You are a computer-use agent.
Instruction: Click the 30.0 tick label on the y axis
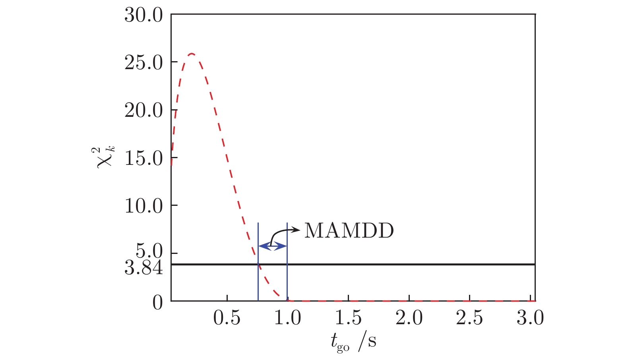tap(144, 15)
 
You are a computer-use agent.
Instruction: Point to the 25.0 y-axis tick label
tap(144, 63)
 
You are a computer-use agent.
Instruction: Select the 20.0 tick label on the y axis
tap(144, 110)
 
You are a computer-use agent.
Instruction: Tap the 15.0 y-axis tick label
tap(144, 159)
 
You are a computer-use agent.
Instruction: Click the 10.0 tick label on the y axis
tap(144, 206)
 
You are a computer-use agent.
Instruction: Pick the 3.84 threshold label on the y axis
tap(144, 268)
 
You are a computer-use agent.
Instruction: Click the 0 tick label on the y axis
tap(158, 303)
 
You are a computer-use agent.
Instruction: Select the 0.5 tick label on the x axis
tap(227, 318)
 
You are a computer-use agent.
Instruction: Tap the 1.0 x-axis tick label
tap(288, 318)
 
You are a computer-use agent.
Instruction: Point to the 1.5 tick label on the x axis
tap(349, 318)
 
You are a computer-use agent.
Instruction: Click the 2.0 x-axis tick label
tap(409, 318)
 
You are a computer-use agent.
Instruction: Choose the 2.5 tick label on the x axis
tap(470, 318)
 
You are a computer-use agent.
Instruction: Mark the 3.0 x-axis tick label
tap(530, 318)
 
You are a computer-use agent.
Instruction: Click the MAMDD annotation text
tap(349, 231)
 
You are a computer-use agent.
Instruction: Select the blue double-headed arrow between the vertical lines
tap(273, 246)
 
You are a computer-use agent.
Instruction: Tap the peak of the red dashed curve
tap(192, 54)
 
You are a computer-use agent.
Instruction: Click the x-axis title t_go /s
tap(353, 341)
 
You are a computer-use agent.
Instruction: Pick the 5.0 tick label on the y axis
tap(149, 252)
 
